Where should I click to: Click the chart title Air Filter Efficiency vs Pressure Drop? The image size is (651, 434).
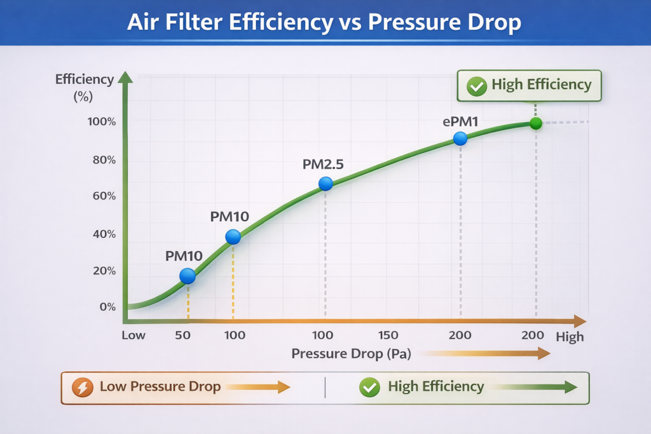pos(324,22)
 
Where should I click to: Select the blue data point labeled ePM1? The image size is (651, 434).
pos(460,139)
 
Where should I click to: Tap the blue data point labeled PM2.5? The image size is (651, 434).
pos(325,184)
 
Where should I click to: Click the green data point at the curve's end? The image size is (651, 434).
pos(535,123)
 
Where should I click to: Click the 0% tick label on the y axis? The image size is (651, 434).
pos(108,307)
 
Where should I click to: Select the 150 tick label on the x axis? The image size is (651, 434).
pos(388,336)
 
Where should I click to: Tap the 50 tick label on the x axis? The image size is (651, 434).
pos(183,336)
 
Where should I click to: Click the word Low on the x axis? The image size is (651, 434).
pos(134,336)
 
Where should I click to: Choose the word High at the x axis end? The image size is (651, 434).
pos(570,337)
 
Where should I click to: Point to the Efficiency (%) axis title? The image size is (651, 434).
pos(85,88)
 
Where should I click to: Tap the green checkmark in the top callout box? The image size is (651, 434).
pos(476,86)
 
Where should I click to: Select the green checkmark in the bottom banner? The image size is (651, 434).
pos(369,387)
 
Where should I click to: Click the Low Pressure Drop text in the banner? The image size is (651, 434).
pos(160,386)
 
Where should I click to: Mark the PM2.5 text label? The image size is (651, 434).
pos(323,164)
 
